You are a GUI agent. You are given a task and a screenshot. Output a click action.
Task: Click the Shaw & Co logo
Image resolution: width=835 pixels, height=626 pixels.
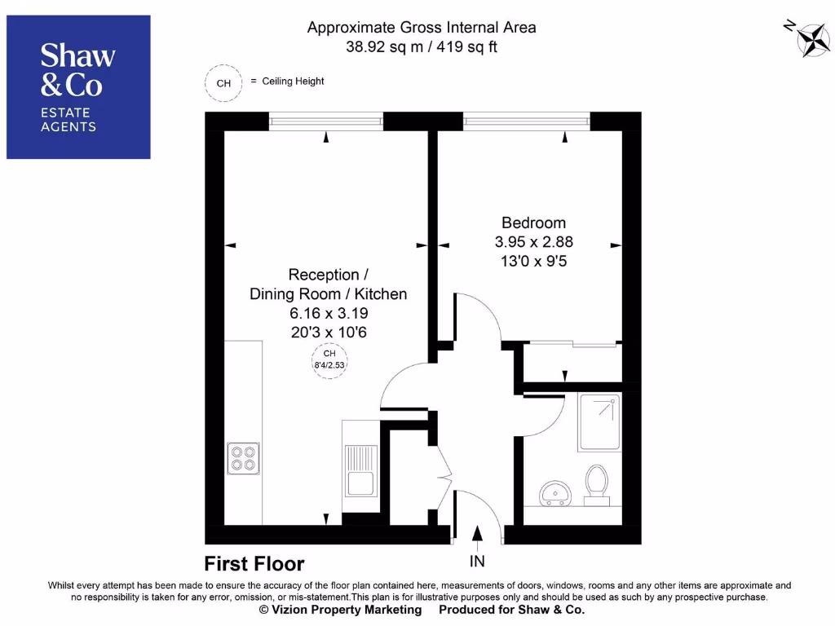(78, 86)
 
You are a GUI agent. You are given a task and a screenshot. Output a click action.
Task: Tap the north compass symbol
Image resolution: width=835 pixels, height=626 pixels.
(811, 37)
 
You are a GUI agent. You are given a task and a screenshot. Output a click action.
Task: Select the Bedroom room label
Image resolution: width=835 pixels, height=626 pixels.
(533, 223)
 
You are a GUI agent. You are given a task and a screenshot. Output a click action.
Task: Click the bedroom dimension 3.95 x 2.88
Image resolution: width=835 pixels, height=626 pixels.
(533, 242)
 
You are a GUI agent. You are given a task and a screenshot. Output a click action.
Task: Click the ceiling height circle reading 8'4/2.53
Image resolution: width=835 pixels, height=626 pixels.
(329, 359)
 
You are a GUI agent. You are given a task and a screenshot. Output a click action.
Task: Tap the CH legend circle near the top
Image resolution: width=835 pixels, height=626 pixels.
(223, 82)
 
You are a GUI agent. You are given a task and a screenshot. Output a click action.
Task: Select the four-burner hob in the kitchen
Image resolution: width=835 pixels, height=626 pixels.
(243, 459)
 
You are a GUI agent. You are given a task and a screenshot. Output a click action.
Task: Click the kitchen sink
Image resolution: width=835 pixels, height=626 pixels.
(360, 470)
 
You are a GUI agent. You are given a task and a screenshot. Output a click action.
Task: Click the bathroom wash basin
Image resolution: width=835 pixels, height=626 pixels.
(555, 492)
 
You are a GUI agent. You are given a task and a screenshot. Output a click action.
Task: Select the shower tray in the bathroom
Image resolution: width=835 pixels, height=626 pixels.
(599, 422)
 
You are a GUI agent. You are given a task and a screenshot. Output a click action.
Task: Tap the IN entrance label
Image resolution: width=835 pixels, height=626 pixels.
(477, 561)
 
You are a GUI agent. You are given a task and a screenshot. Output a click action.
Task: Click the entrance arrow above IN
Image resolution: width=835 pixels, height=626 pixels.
(477, 534)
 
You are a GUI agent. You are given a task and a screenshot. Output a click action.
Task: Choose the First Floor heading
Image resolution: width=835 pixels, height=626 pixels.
(254, 564)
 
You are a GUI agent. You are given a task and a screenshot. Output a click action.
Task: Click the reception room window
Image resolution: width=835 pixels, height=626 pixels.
(326, 121)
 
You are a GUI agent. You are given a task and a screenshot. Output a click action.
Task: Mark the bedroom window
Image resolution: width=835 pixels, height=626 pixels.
(526, 121)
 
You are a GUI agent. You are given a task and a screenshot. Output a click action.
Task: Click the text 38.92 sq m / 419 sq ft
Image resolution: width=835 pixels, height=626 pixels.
(422, 46)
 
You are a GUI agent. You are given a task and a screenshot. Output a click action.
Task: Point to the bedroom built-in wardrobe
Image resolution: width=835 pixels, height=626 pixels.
(572, 363)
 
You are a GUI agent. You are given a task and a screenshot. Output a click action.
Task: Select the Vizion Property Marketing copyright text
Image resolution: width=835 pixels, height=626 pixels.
(340, 610)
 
